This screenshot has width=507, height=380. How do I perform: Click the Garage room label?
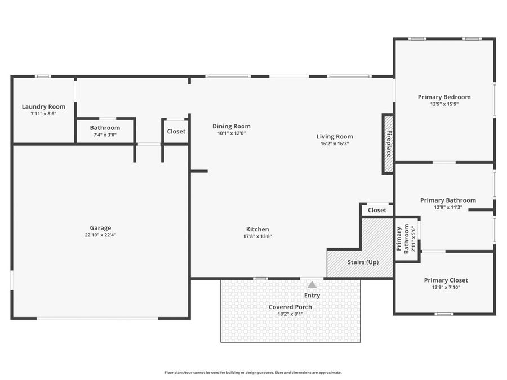tap(100, 228)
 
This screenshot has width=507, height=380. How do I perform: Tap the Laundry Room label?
tap(43, 106)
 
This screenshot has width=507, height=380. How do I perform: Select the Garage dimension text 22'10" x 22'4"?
tap(100, 235)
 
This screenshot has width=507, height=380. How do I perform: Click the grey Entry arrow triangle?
tap(312, 285)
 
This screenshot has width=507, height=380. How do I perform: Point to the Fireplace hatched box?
tap(388, 144)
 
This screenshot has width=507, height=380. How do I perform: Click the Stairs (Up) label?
tap(363, 262)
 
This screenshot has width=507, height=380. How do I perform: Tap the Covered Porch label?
tap(290, 307)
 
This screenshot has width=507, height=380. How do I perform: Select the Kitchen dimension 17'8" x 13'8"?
tap(257, 236)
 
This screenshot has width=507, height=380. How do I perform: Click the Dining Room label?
tap(231, 126)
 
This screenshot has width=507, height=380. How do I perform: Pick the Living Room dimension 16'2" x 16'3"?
tap(335, 144)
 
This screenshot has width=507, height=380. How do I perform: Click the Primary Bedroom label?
tap(444, 97)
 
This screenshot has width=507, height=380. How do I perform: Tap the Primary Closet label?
tap(446, 280)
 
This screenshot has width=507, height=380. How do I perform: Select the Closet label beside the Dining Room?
tap(176, 132)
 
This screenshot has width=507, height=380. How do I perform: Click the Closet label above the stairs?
tap(377, 210)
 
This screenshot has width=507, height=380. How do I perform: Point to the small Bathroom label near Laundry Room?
tap(105, 128)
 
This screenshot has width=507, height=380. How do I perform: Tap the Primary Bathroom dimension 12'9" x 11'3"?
tap(448, 207)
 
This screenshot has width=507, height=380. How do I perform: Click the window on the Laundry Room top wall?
tap(43, 77)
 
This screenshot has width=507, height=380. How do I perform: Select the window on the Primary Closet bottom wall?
tap(444, 314)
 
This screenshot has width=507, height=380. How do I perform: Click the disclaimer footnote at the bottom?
tap(253, 373)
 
